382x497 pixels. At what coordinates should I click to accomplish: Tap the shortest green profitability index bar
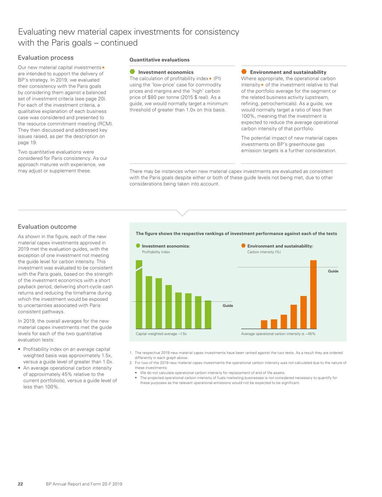(208, 315)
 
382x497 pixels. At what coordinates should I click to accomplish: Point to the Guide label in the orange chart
(333, 271)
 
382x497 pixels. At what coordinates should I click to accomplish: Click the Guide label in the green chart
(228, 306)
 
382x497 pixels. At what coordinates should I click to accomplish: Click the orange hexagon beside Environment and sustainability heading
(244, 72)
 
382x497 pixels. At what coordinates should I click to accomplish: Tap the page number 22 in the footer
(20, 484)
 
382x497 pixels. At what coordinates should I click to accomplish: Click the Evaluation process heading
(46, 58)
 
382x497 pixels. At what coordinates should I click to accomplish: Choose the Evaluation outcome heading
(47, 227)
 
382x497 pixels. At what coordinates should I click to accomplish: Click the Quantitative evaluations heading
(159, 60)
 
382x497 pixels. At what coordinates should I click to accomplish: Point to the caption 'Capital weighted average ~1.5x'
(161, 334)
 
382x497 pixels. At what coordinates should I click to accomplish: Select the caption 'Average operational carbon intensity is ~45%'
(278, 334)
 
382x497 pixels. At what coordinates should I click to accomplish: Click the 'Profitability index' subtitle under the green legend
(156, 252)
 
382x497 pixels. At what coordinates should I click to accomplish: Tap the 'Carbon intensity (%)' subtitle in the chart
(264, 252)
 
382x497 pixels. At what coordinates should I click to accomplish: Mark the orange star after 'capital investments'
(103, 67)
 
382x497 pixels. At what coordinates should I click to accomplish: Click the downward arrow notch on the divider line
(182, 213)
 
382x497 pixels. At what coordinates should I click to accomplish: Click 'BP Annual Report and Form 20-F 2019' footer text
(84, 484)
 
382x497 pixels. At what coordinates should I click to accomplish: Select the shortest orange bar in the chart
(264, 324)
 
